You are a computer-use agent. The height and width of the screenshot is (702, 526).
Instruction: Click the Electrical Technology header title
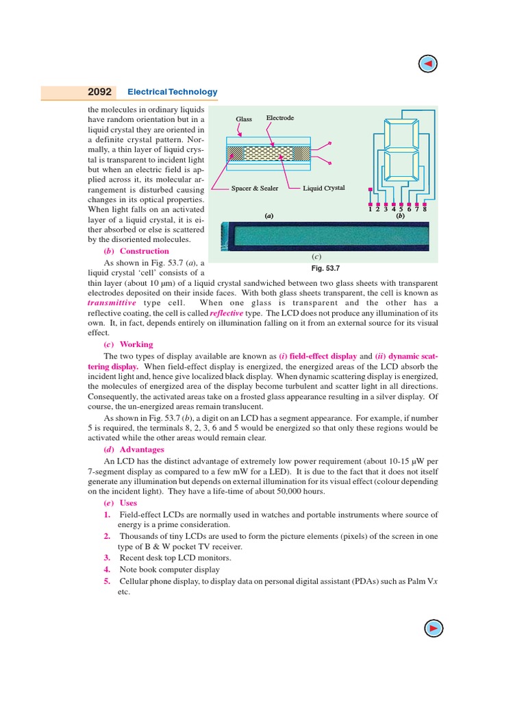coord(173,92)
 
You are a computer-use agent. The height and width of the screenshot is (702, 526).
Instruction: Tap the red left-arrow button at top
coord(427,64)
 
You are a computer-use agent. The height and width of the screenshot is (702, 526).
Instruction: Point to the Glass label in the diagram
coord(244,119)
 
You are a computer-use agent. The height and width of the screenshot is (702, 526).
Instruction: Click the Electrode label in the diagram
coord(279,118)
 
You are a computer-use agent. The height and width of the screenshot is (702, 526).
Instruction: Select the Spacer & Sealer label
coord(255,188)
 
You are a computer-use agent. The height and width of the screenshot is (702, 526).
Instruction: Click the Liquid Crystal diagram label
coord(324,188)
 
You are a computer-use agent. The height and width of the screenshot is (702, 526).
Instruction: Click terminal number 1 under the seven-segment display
coord(371,210)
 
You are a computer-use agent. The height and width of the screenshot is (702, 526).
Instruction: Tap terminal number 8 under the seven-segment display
coord(425,210)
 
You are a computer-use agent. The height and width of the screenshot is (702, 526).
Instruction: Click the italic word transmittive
coord(112,303)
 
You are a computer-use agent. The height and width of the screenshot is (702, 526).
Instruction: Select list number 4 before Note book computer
coord(107,569)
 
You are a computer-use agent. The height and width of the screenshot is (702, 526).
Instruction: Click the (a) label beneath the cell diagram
coord(269,216)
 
